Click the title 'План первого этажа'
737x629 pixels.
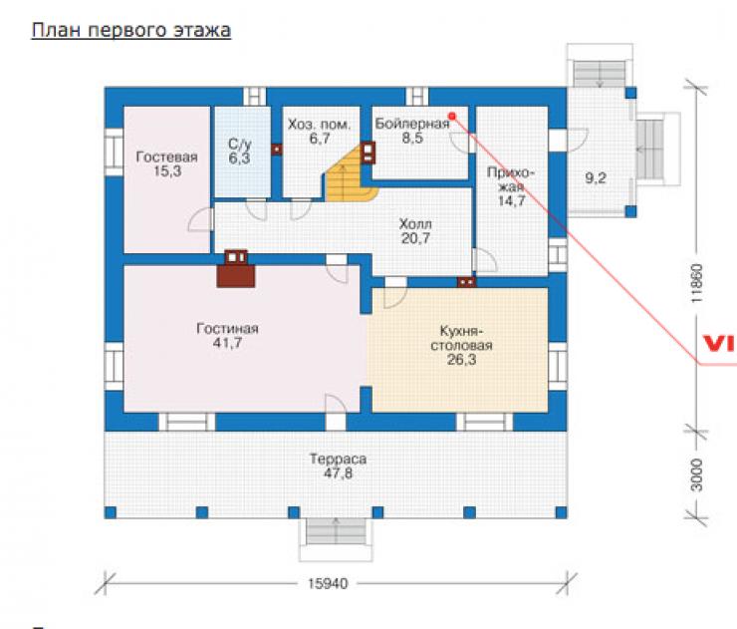131,31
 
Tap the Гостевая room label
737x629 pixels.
167,157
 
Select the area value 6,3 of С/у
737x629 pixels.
239,158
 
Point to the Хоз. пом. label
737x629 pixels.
319,125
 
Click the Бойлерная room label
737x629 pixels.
412,124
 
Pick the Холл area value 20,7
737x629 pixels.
415,238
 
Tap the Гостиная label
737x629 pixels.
227,328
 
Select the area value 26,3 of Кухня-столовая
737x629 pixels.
461,360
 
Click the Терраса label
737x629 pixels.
338,459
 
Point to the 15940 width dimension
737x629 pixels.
328,584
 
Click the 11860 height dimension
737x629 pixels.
696,283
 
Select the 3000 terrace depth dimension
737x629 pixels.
696,474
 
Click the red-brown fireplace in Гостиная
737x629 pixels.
236,268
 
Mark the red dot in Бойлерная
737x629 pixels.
452,116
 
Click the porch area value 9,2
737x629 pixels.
596,178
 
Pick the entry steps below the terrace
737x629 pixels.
336,531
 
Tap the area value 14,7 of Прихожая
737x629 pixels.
511,201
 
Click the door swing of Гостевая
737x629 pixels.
200,219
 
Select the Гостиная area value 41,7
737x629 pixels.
227,343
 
